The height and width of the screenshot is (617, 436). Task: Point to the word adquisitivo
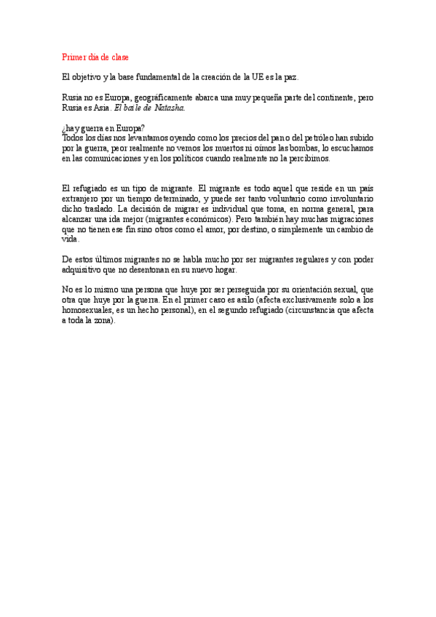tap(84, 269)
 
